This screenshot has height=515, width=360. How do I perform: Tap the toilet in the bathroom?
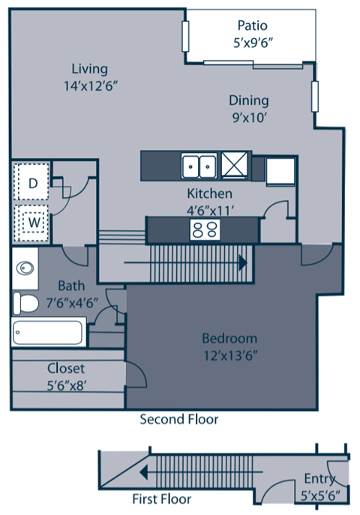click(x=27, y=303)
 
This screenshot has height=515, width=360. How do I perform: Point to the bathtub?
click(x=48, y=331)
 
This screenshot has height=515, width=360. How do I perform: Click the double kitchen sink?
click(x=199, y=163)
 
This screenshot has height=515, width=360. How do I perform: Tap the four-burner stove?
click(x=201, y=229)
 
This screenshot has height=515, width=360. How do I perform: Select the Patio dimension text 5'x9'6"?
click(x=252, y=43)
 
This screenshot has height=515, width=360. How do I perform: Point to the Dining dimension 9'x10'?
click(x=249, y=117)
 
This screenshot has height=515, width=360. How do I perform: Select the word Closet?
click(x=66, y=368)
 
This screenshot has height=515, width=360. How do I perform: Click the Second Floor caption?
click(x=179, y=419)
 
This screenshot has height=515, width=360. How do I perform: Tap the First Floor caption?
click(x=161, y=499)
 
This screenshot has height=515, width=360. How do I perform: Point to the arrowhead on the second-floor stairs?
click(x=244, y=263)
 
